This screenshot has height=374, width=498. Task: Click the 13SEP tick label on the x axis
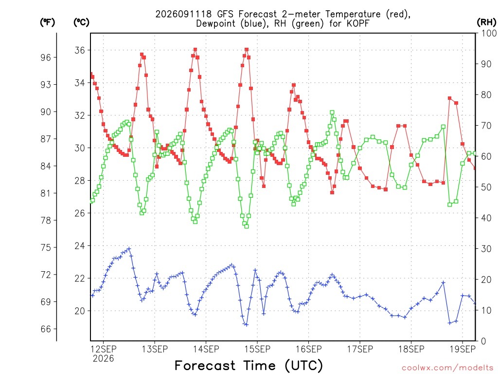(155, 349)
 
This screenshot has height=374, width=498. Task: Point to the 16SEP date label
(308, 349)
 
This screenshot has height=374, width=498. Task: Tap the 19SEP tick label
(462, 349)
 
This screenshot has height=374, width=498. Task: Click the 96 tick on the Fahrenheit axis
(46, 57)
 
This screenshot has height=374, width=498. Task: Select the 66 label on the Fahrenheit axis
(46, 329)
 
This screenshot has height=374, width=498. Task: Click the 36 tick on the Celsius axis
(80, 50)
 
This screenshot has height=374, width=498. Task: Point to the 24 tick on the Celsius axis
(80, 246)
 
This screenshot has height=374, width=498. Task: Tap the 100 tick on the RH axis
(489, 33)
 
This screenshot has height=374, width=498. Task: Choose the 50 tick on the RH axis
(486, 187)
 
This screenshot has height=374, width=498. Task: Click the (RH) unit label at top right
(486, 22)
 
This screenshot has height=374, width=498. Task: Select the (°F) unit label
(47, 22)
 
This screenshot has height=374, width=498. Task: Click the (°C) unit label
(81, 22)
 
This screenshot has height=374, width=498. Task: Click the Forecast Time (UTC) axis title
(249, 366)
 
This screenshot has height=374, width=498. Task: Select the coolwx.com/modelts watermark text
(447, 368)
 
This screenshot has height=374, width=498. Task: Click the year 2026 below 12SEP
(103, 359)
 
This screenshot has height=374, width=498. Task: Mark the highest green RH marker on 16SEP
(332, 112)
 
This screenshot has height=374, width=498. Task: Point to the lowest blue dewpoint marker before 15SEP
(247, 325)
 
